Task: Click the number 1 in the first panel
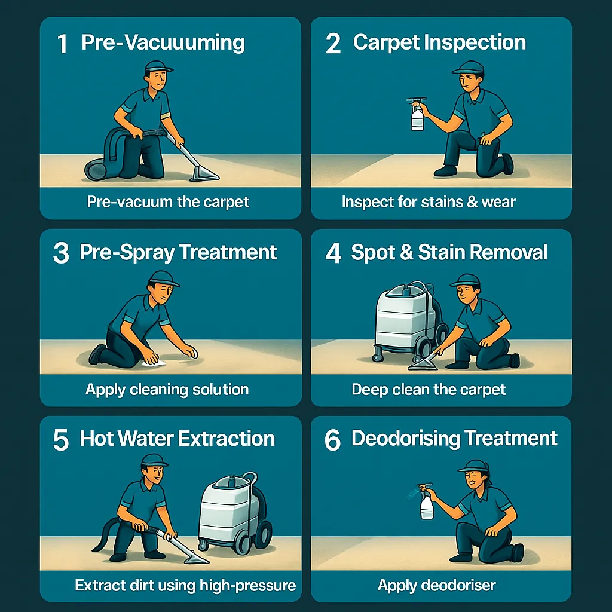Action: click(62, 44)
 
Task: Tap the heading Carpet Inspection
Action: click(439, 42)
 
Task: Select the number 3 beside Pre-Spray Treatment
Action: click(62, 253)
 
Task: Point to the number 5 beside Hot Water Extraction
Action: click(61, 440)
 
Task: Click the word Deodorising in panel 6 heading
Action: click(406, 438)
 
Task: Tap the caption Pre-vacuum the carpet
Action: click(168, 202)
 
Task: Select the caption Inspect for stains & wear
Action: click(429, 202)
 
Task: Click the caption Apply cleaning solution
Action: click(167, 390)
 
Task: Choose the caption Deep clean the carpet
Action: click(429, 390)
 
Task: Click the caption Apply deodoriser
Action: click(436, 585)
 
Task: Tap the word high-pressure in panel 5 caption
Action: click(248, 586)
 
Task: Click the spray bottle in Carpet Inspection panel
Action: click(417, 114)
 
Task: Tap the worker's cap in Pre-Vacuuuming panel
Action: click(158, 67)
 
